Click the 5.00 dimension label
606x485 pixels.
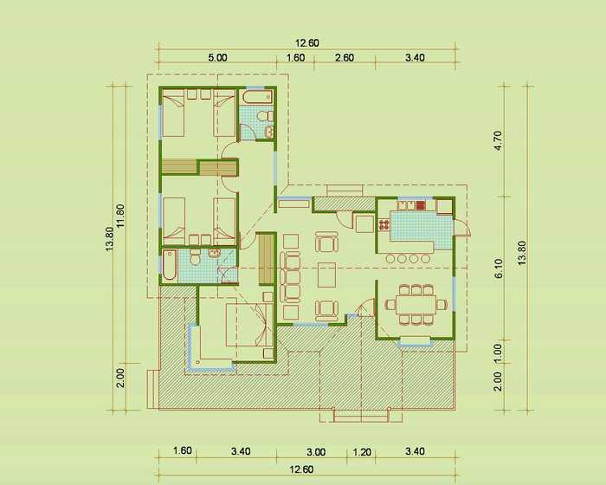tap(217, 58)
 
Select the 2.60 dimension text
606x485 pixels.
tap(345, 58)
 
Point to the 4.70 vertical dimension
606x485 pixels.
tap(498, 141)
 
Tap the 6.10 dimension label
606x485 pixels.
tap(498, 268)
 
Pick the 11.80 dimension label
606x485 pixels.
tap(120, 216)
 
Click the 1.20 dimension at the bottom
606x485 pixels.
tap(362, 452)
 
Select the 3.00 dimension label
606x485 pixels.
tap(316, 452)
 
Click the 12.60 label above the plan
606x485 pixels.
tap(307, 43)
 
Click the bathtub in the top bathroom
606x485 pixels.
tap(257, 97)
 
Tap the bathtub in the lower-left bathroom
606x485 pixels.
tap(170, 265)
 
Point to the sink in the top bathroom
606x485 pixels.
tap(269, 132)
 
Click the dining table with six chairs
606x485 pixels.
tap(416, 304)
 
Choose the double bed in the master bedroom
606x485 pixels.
tap(249, 325)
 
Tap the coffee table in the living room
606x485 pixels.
tap(326, 275)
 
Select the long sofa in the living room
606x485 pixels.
tap(290, 276)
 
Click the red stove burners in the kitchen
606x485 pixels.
tap(421, 204)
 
